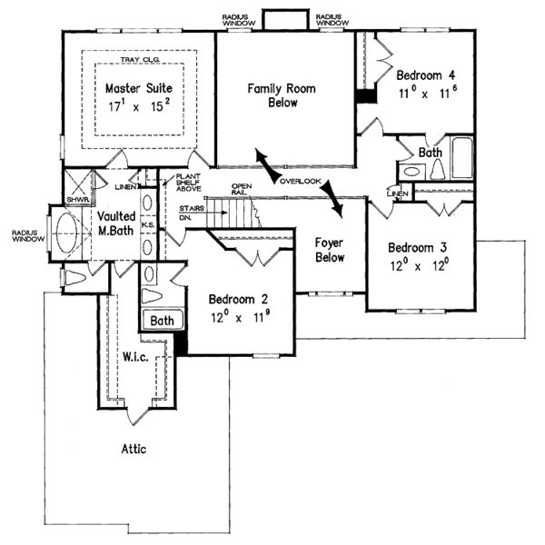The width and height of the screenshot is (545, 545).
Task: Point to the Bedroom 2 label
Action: [x=238, y=299]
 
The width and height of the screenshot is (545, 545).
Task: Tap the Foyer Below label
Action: [x=329, y=251]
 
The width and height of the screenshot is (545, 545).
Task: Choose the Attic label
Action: [x=133, y=449]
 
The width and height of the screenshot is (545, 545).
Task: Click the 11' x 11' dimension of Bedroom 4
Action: [x=425, y=93]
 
